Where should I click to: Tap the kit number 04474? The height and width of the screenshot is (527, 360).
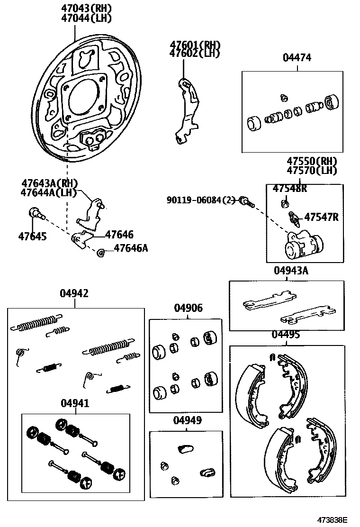297,58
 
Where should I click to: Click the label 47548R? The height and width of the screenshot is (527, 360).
289,189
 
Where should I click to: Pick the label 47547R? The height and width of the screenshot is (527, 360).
321,217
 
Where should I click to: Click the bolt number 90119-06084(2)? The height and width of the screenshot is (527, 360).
201,200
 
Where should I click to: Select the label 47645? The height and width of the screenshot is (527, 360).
33,236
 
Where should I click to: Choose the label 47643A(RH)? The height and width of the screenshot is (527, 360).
49,183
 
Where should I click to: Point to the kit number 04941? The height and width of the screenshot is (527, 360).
75,403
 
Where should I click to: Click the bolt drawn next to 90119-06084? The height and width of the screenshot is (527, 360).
246,201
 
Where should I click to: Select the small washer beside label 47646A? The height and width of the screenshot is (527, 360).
100,253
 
